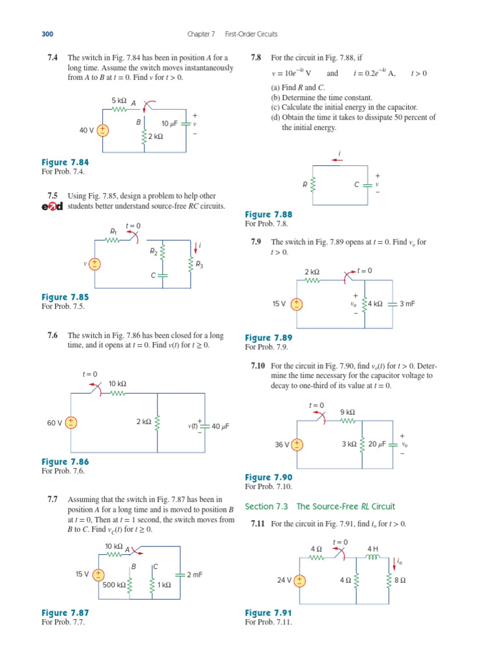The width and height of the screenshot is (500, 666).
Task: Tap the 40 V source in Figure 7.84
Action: pos(103,130)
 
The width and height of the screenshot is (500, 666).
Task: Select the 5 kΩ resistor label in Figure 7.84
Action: pos(118,100)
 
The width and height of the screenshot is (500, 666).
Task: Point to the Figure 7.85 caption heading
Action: pos(64,297)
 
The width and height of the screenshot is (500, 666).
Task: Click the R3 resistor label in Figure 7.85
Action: pos(199,265)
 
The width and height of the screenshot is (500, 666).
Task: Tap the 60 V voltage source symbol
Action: pos(70,423)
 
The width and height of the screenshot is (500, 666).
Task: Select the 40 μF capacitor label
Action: pos(221,427)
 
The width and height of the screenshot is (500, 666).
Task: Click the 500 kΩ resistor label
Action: pos(113,585)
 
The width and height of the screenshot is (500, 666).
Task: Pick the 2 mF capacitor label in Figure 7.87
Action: pos(195,574)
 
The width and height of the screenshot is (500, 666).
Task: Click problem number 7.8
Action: pos(256,58)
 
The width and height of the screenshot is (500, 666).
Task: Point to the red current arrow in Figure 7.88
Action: pos(339,164)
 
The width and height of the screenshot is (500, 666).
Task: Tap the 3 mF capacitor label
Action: pos(408,303)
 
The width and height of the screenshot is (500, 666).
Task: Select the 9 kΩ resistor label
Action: pos(348,412)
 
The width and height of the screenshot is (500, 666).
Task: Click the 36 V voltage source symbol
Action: pos(298,445)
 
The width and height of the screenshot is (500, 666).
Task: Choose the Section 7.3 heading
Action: pos(320,507)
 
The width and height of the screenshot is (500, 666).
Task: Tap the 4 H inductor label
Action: pos(372,548)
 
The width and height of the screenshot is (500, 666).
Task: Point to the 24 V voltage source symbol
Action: pos(299,580)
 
